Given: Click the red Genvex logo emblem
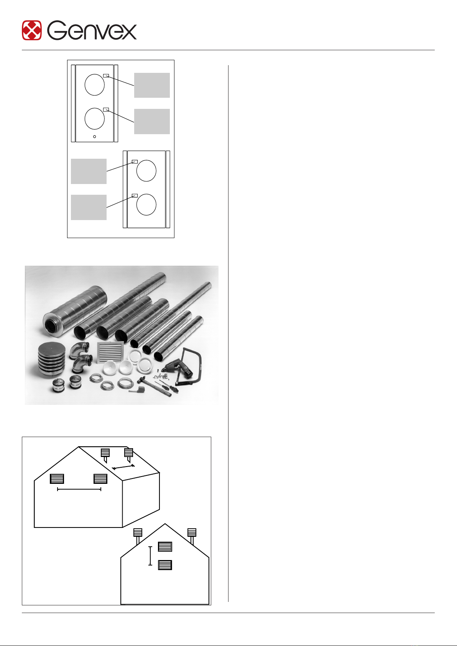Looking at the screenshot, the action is [32, 30].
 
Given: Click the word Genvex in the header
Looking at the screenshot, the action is [92, 30].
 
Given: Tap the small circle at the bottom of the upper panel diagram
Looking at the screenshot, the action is [95, 137].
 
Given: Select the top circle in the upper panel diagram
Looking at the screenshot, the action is [95, 85].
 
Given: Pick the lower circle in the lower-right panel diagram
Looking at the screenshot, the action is [146, 205].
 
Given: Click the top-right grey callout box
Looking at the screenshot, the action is [152, 85].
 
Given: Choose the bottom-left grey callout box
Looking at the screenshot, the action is [89, 207].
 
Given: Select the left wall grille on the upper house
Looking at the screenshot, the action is [57, 479].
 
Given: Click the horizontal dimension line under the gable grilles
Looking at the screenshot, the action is [79, 489].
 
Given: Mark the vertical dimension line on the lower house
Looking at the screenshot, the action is [150, 556].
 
